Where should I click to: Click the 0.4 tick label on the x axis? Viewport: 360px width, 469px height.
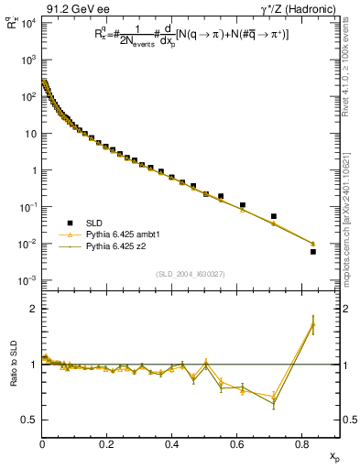pyautogui.click(x=171, y=444)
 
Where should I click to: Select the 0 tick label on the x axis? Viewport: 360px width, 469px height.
pyautogui.click(x=42, y=444)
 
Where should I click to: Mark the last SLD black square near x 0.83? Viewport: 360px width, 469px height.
pyautogui.click(x=312, y=251)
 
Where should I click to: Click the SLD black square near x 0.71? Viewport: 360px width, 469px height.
pyautogui.click(x=274, y=216)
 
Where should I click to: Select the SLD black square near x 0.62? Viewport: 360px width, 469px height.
pyautogui.click(x=243, y=205)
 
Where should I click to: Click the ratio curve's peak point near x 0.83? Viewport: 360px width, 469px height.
pyautogui.click(x=312, y=323)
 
